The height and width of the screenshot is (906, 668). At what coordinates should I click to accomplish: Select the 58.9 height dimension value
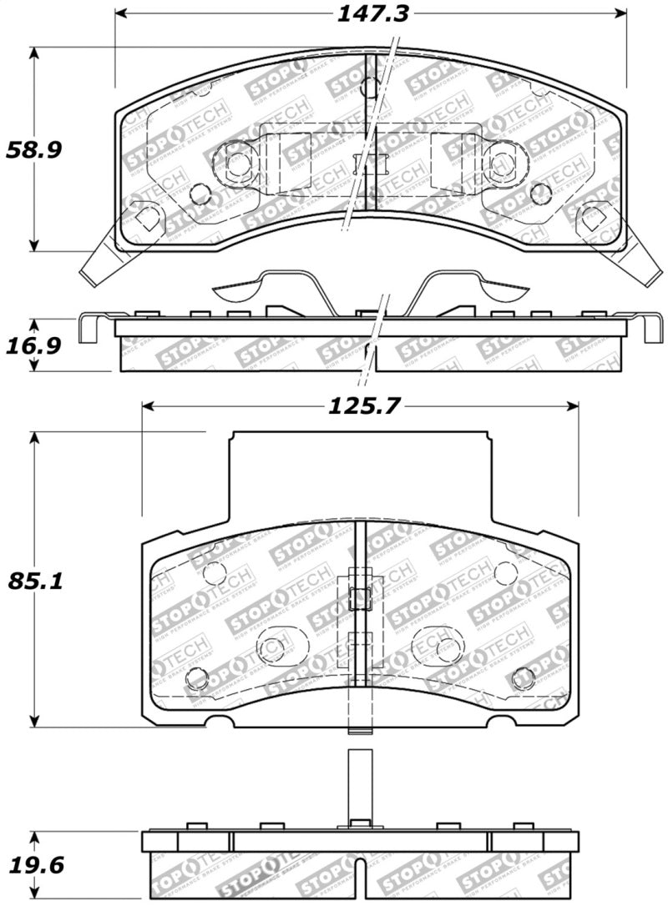coord(34,150)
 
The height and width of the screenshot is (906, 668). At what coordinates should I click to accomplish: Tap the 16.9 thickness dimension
coord(34,345)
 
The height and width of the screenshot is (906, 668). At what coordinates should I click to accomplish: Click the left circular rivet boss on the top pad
coord(237,164)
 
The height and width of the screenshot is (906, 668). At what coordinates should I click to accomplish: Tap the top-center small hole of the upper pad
coord(370,87)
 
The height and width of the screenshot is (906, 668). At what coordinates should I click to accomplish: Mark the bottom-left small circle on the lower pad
coord(197,678)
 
